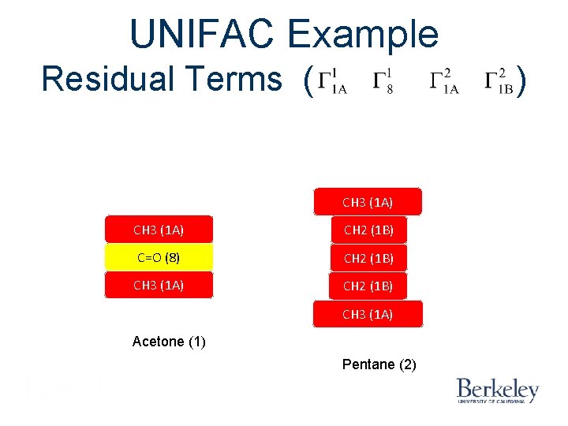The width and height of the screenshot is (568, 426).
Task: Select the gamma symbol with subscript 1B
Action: (499, 82)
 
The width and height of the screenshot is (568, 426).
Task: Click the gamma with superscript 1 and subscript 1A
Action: (331, 82)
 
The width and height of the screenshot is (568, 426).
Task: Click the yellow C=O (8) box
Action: (159, 257)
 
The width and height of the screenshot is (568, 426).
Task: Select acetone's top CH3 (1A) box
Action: (159, 230)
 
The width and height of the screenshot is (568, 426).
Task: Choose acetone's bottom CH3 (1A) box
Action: (159, 285)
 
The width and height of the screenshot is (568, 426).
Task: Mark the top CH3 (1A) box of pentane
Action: (368, 202)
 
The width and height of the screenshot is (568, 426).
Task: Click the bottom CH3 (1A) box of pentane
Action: (368, 314)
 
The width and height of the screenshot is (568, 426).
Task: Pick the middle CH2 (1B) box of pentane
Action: (368, 257)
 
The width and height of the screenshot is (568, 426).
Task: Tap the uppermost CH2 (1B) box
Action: (368, 230)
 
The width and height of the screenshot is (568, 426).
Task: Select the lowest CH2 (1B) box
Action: (368, 286)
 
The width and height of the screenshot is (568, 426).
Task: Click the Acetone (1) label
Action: (169, 342)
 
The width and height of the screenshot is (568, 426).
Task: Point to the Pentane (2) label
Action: (379, 364)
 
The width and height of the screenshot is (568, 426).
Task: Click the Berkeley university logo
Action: (497, 390)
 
